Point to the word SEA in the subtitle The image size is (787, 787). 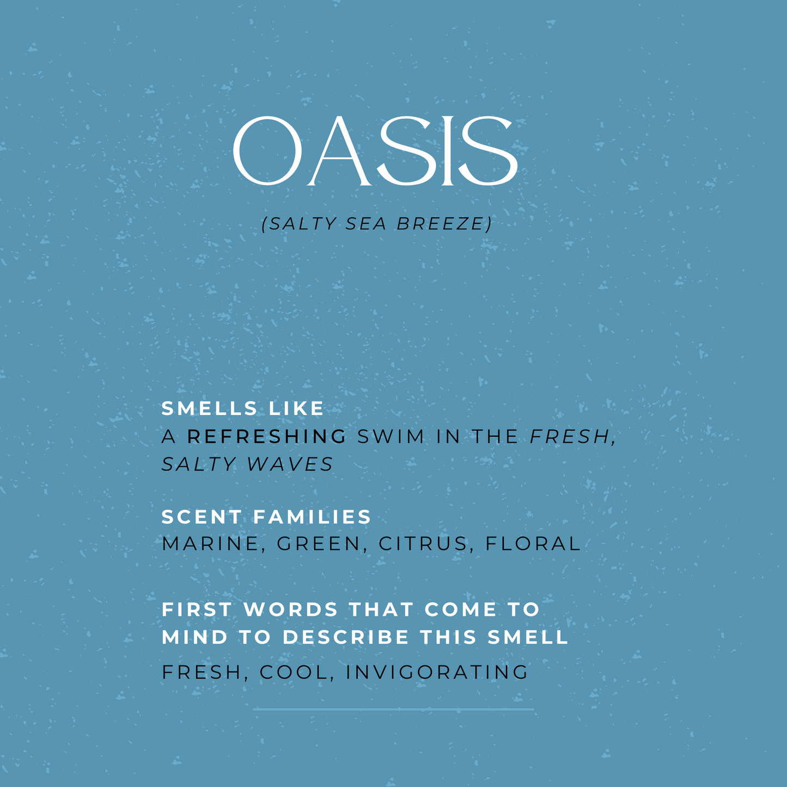[x=366, y=224]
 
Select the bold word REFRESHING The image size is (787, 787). [x=267, y=436]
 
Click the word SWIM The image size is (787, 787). [x=391, y=436]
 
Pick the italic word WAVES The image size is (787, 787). [x=290, y=464]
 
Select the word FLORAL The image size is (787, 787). [x=533, y=544]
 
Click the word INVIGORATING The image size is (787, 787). [x=437, y=672]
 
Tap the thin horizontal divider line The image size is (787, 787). [x=393, y=710]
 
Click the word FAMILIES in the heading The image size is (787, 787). [x=312, y=517]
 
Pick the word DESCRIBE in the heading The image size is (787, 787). [x=345, y=637]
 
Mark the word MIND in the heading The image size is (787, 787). [x=195, y=637]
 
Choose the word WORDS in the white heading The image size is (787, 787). [x=291, y=609]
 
